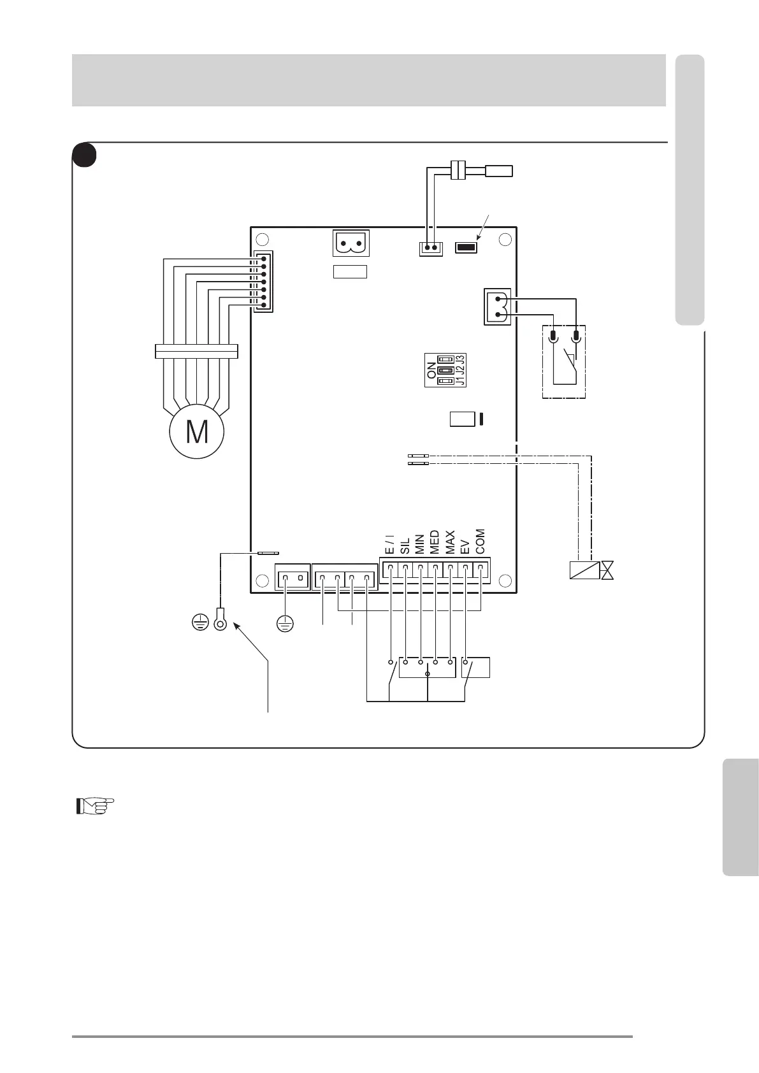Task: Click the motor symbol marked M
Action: tap(197, 431)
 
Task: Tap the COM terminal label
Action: tap(480, 541)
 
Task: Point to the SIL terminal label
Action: tap(405, 546)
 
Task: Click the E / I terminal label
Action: tap(389, 545)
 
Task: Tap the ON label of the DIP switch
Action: tap(431, 370)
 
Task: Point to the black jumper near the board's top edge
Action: tap(466, 247)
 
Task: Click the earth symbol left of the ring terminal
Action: tap(200, 623)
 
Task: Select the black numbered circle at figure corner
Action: tap(84, 155)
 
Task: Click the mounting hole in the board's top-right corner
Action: tap(505, 240)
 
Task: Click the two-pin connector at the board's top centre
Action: tap(351, 243)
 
